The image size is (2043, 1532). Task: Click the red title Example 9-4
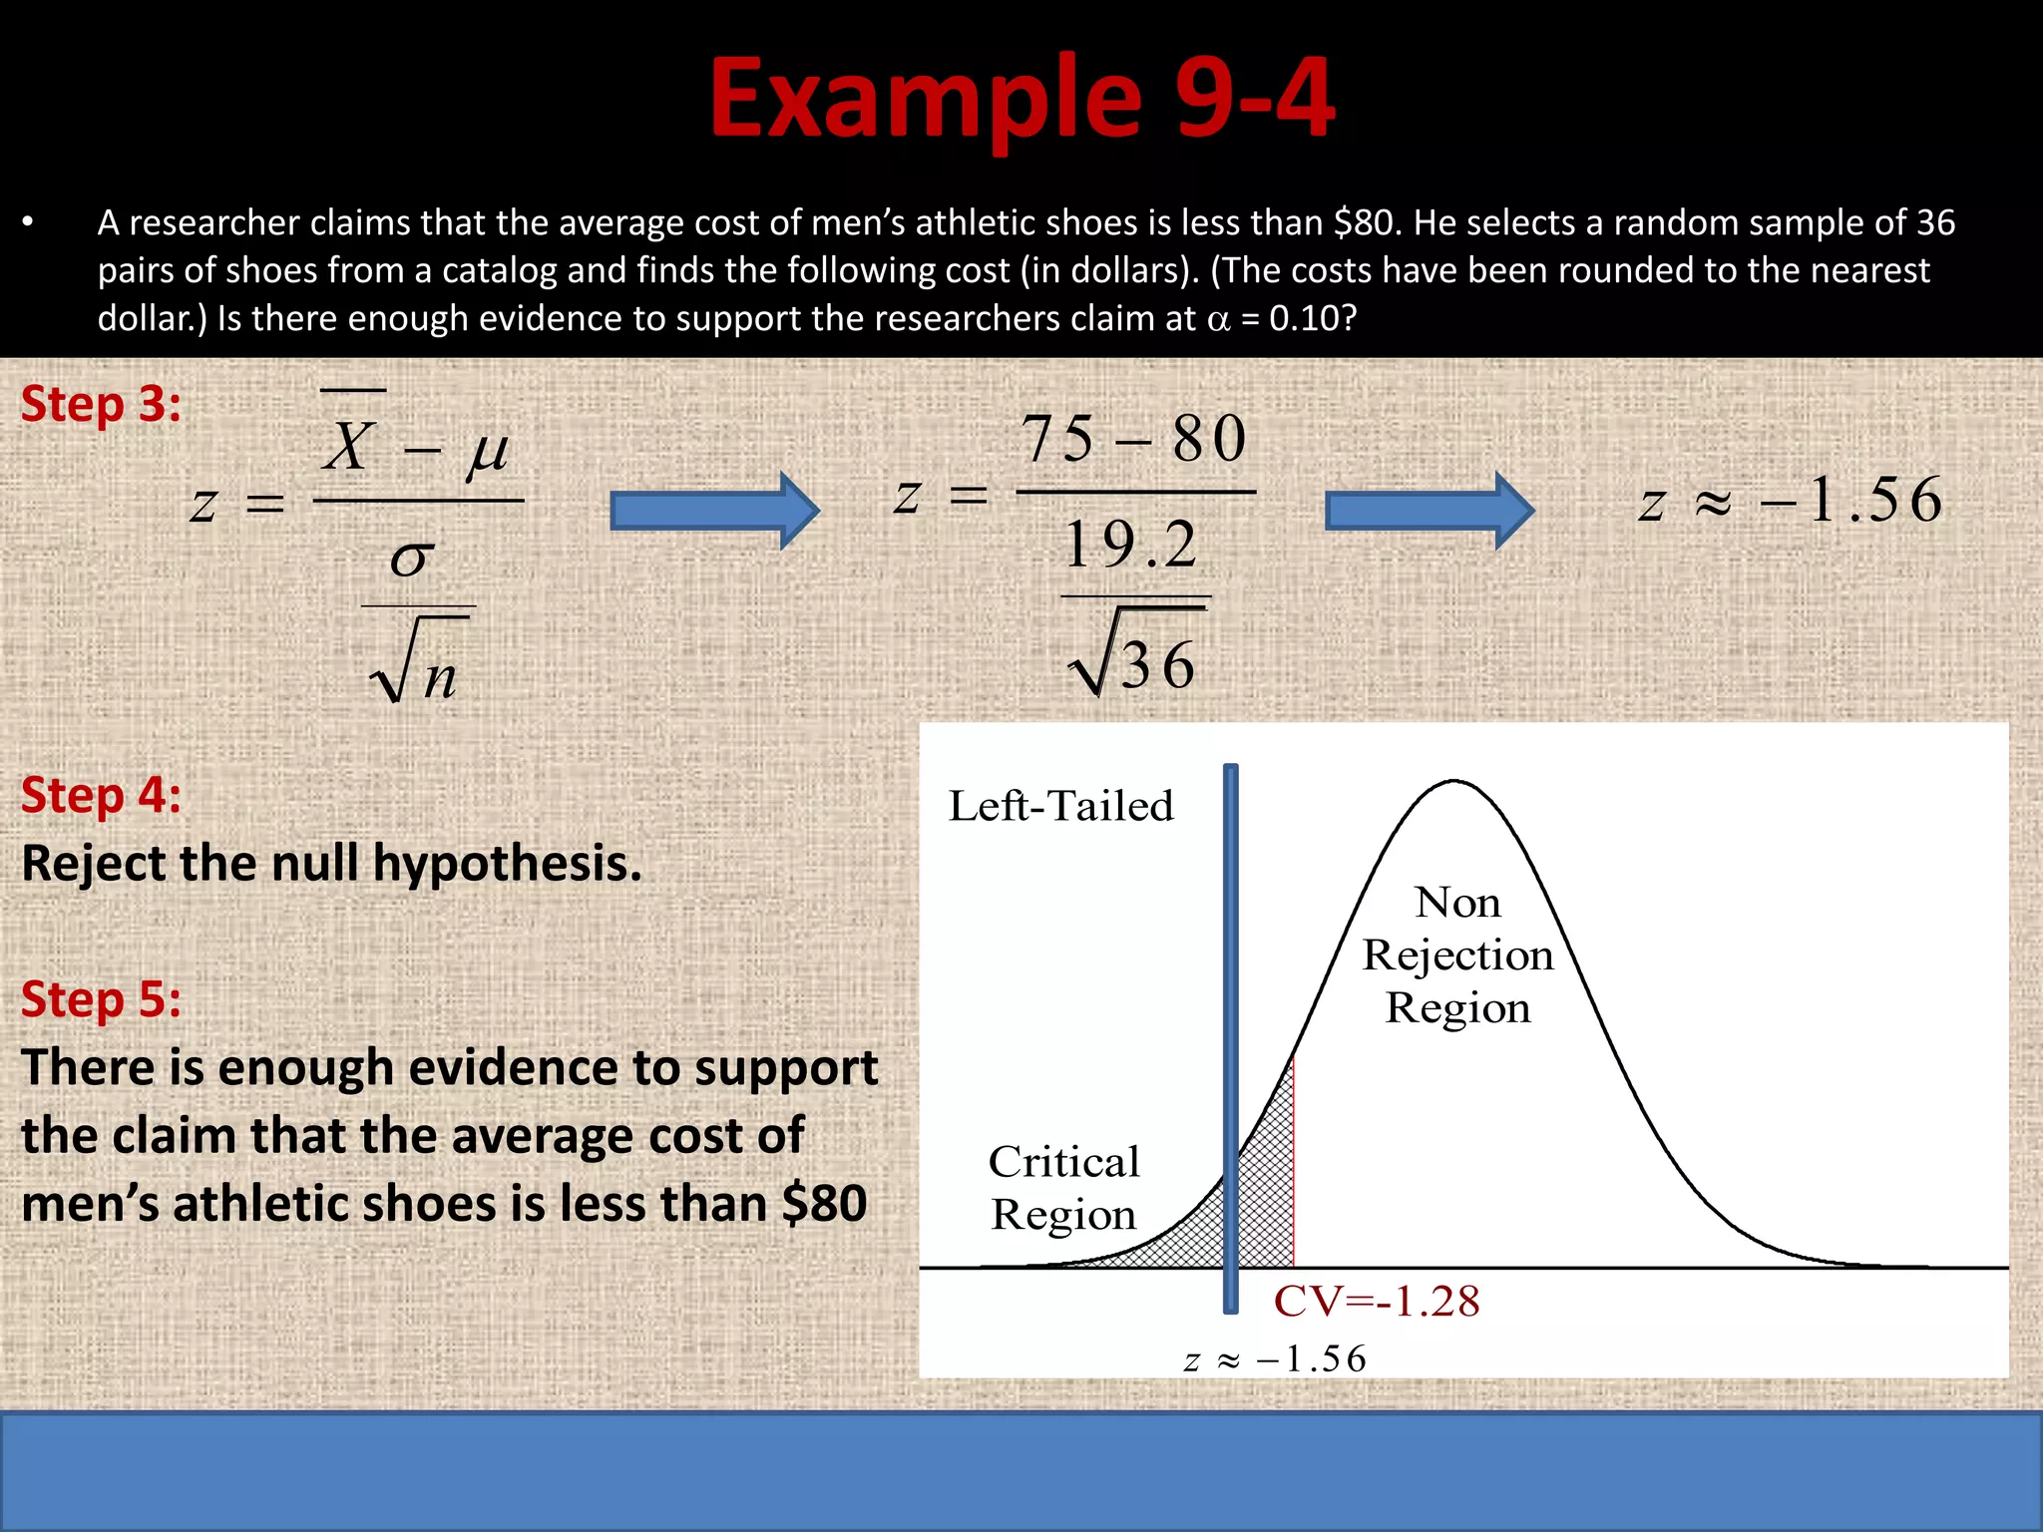pyautogui.click(x=1021, y=98)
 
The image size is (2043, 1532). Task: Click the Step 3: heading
pyautogui.click(x=101, y=405)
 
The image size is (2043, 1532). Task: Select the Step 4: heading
pyautogui.click(x=101, y=796)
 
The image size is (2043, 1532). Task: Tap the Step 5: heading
pyautogui.click(x=101, y=999)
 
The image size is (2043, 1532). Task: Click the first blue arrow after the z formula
pyautogui.click(x=714, y=511)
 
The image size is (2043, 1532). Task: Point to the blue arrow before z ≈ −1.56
pyautogui.click(x=1429, y=511)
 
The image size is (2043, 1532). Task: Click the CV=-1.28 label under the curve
pyautogui.click(x=1377, y=1302)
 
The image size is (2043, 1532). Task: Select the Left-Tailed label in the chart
pyautogui.click(x=1060, y=806)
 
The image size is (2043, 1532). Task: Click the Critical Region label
pyautogui.click(x=1063, y=1188)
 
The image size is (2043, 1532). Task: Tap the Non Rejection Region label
pyautogui.click(x=1457, y=955)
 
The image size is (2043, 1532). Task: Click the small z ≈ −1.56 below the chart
pyautogui.click(x=1275, y=1359)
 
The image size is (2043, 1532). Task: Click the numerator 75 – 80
pyautogui.click(x=1133, y=439)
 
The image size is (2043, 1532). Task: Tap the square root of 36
pyautogui.click(x=1133, y=661)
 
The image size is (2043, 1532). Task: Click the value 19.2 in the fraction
pyautogui.click(x=1131, y=546)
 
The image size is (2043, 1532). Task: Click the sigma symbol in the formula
pyautogui.click(x=412, y=558)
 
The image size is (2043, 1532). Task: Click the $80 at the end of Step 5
pyautogui.click(x=824, y=1204)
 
